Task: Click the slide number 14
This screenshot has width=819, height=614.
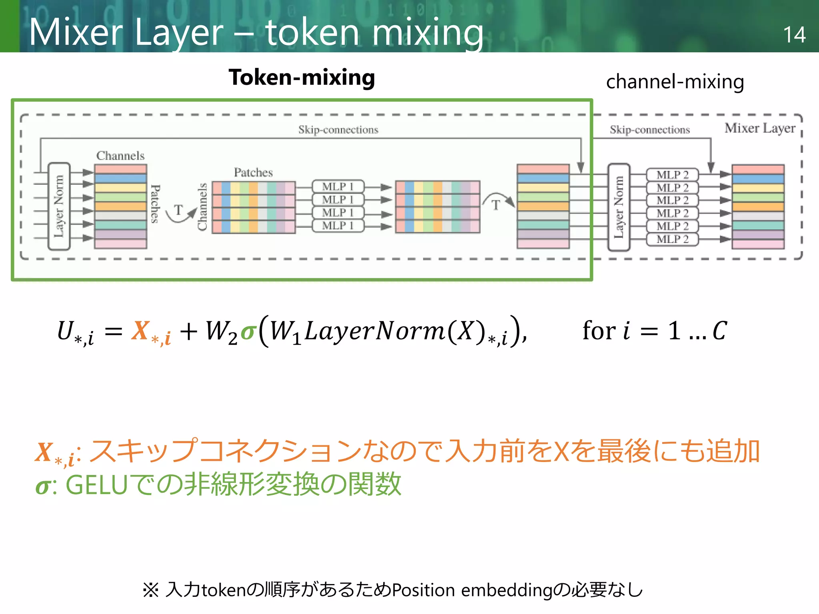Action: point(794,35)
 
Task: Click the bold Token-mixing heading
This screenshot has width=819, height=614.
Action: point(302,78)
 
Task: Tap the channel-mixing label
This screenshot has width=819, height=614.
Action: point(675,82)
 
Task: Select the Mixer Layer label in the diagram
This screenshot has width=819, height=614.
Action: point(760,128)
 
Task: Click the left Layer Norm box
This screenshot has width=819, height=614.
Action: point(59,206)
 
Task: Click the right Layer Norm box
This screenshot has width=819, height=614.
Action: point(619,207)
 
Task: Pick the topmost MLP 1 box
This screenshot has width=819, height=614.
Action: point(338,187)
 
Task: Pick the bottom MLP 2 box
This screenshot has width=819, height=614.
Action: point(672,239)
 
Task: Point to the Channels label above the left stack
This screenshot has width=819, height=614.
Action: point(120,155)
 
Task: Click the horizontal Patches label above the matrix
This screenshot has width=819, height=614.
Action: point(253,172)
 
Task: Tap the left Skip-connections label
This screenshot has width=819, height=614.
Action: point(338,130)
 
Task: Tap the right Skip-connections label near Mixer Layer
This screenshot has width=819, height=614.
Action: point(649,130)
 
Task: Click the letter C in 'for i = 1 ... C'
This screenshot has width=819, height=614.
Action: point(719,331)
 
